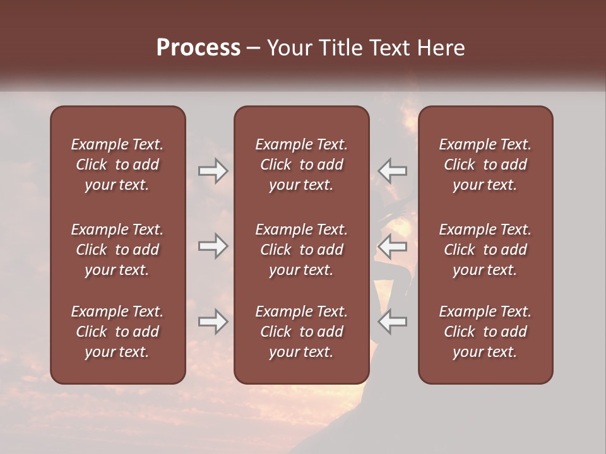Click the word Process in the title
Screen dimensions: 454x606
point(198,48)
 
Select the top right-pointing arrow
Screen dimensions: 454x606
point(213,171)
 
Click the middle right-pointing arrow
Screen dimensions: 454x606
point(213,246)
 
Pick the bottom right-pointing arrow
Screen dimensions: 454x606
point(213,322)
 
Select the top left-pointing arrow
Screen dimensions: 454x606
point(392,171)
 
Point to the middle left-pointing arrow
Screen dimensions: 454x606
point(392,246)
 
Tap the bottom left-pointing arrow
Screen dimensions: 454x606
point(392,322)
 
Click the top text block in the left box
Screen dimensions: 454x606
point(117,165)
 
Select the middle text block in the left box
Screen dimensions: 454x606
point(117,250)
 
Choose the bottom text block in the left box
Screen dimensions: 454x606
point(117,332)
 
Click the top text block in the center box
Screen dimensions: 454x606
point(301,165)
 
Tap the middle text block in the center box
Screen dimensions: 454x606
point(301,250)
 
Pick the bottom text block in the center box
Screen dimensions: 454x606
point(301,332)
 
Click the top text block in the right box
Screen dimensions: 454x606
point(485,165)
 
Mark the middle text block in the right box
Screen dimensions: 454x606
point(485,250)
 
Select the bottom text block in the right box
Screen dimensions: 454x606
point(485,332)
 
